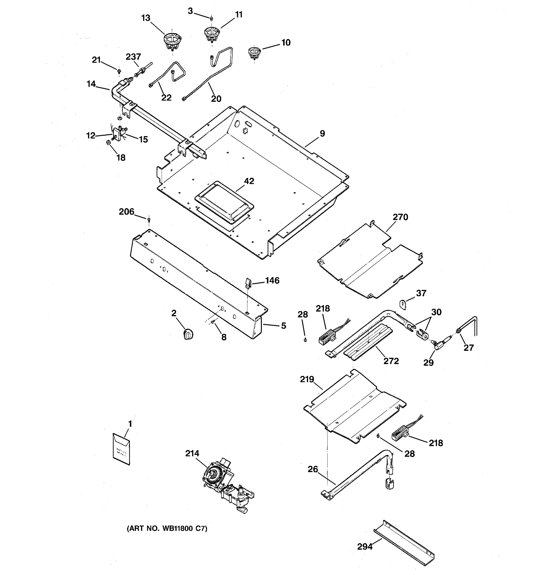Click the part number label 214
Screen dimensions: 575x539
[192, 453]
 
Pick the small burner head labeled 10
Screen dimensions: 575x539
[254, 53]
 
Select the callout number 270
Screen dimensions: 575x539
[400, 217]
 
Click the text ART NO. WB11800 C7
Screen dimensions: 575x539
[167, 529]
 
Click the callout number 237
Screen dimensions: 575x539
[133, 57]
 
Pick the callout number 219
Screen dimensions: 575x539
[307, 379]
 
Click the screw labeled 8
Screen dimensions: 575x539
[213, 322]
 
